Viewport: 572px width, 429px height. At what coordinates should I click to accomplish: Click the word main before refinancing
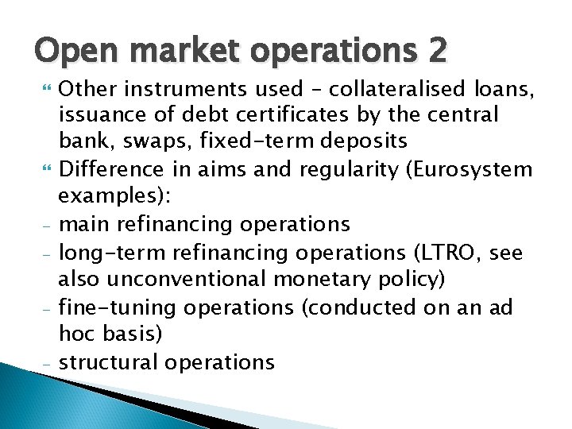84,225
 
